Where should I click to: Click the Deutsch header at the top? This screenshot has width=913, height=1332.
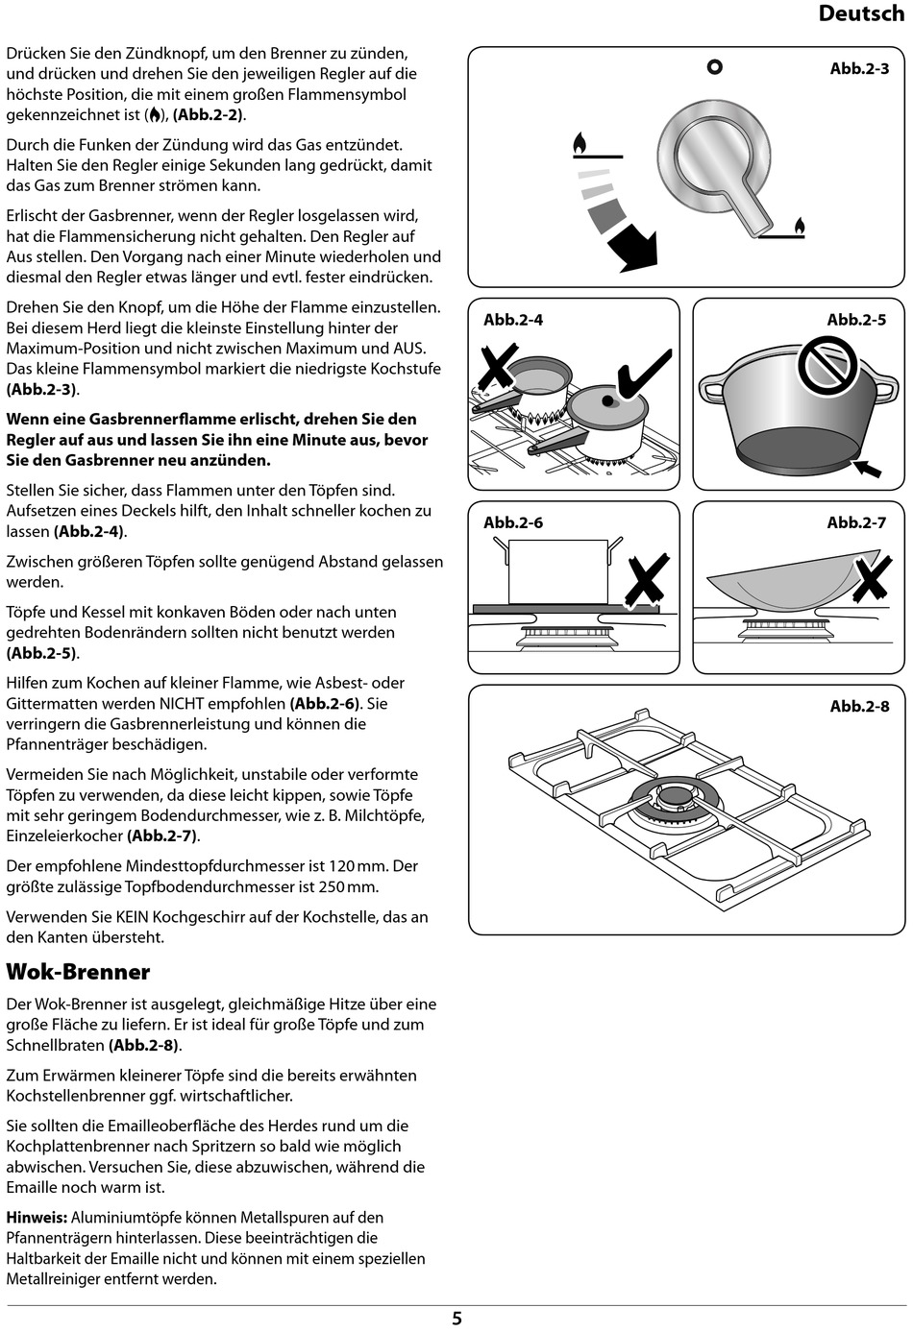861,13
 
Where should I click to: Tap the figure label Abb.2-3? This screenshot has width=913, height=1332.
859,69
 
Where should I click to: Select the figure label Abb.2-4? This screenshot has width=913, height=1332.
513,320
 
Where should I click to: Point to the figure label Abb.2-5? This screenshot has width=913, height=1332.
856,320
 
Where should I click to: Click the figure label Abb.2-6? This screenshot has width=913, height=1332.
513,522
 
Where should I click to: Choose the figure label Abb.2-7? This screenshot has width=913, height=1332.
856,522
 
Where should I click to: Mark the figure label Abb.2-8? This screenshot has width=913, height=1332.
859,706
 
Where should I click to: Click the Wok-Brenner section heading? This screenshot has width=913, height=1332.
78,971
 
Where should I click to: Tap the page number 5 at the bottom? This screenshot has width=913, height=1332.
456,1319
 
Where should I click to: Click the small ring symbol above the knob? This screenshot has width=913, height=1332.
714,67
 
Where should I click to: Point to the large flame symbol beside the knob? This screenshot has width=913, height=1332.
580,143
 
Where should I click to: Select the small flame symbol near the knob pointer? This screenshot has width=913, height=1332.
799,227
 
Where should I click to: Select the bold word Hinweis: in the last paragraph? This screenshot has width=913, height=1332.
37,1218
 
